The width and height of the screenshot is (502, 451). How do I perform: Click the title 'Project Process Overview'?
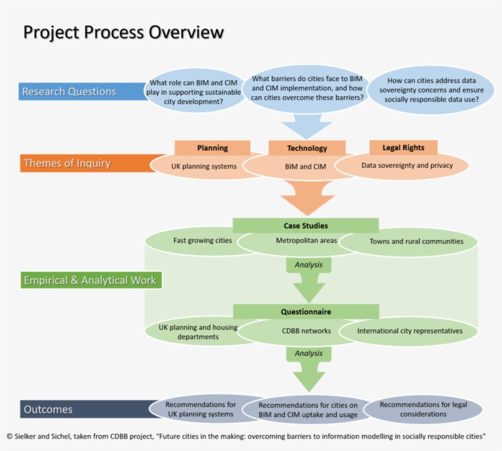(123, 32)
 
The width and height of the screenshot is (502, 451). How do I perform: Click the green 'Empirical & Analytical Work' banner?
(90, 281)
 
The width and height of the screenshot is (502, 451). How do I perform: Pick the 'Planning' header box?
(212, 148)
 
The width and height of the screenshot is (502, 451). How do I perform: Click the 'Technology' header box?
(307, 148)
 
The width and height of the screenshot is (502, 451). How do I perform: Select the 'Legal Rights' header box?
(403, 148)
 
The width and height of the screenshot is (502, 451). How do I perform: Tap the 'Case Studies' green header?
(305, 225)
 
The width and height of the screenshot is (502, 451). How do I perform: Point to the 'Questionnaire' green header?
(305, 311)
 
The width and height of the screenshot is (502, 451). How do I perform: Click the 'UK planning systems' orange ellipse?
(199, 167)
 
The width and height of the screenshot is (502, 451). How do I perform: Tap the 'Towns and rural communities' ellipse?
(416, 241)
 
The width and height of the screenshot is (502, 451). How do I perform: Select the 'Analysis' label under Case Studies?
(309, 265)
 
